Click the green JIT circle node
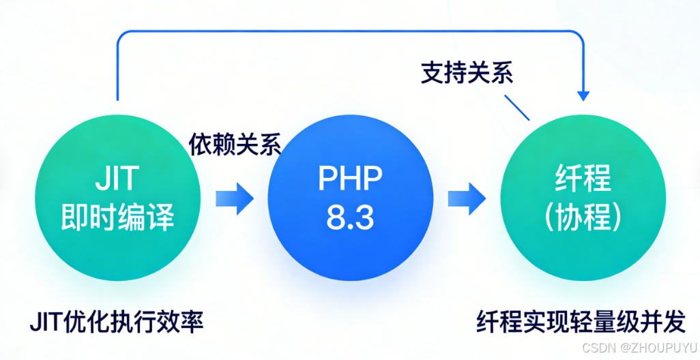[117, 198]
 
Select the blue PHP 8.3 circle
[351, 198]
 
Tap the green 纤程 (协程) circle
[583, 198]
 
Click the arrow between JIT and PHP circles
[234, 198]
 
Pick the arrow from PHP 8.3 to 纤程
[467, 198]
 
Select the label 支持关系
[467, 73]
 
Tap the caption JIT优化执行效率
[117, 320]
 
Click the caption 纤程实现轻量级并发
[581, 320]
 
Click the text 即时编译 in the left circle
[117, 217]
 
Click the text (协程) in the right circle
[583, 217]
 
